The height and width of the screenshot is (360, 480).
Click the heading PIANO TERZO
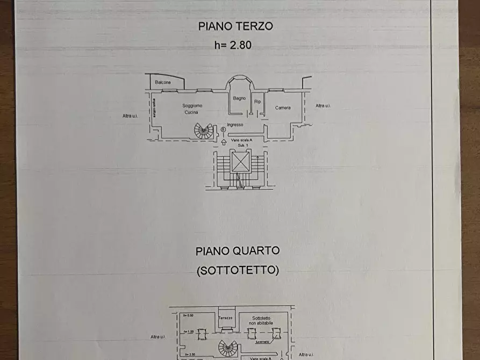(x=235, y=26)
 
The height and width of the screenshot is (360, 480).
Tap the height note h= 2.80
(x=233, y=46)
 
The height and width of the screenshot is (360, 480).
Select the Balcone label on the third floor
(x=163, y=82)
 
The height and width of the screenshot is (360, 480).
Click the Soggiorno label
(x=191, y=106)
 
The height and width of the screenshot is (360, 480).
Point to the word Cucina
(x=191, y=112)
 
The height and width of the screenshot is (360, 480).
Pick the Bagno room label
(x=240, y=98)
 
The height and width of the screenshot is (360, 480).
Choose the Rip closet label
(x=257, y=101)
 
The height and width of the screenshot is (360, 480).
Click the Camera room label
(x=283, y=108)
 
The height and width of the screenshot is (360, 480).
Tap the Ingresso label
(x=235, y=125)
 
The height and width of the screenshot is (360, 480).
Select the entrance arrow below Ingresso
(x=224, y=142)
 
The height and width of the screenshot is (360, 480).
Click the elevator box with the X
(x=240, y=161)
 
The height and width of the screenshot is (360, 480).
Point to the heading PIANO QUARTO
(x=237, y=250)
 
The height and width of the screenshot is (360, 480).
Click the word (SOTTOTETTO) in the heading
(x=238, y=270)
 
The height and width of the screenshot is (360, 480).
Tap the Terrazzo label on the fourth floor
(x=226, y=318)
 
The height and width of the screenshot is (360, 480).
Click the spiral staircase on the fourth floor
(x=228, y=349)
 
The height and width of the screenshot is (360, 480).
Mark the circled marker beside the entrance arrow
(x=223, y=129)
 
